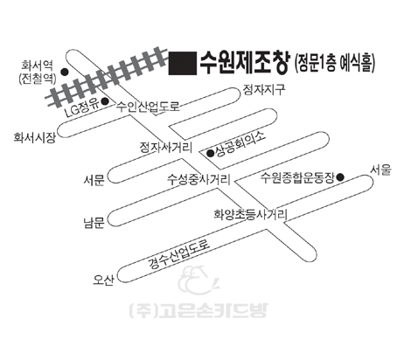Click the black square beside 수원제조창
point(183,63)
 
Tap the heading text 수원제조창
point(245,62)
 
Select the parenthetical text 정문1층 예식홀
point(335,63)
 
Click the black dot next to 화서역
point(65,72)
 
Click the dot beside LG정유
point(105,101)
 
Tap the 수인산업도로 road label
point(148,107)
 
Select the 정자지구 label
point(264,89)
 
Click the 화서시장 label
point(34,137)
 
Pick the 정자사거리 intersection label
point(166,147)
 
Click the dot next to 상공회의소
point(210,153)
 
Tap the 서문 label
point(94,181)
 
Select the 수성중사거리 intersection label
point(199,179)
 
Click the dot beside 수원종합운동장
point(340,177)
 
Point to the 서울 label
point(380,170)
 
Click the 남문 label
point(94,223)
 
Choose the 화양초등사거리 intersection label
point(251,215)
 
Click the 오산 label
point(103,280)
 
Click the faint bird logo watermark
point(199,280)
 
